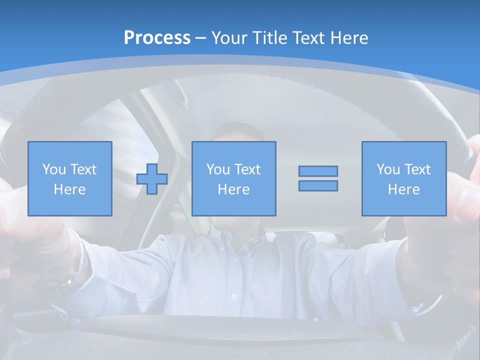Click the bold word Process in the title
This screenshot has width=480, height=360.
click(x=157, y=38)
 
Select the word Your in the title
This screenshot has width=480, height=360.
click(x=230, y=38)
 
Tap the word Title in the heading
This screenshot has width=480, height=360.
click(x=271, y=38)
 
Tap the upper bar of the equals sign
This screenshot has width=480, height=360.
click(x=318, y=171)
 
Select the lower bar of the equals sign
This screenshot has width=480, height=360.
click(x=318, y=185)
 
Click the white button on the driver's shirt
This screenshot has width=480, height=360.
click(x=234, y=297)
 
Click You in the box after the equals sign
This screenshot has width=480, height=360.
click(x=387, y=169)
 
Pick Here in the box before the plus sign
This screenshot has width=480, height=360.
click(x=69, y=189)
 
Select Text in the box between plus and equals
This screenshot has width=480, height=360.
click(x=247, y=169)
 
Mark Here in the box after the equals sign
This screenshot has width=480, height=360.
click(x=403, y=189)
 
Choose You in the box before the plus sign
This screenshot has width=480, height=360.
click(x=53, y=169)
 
